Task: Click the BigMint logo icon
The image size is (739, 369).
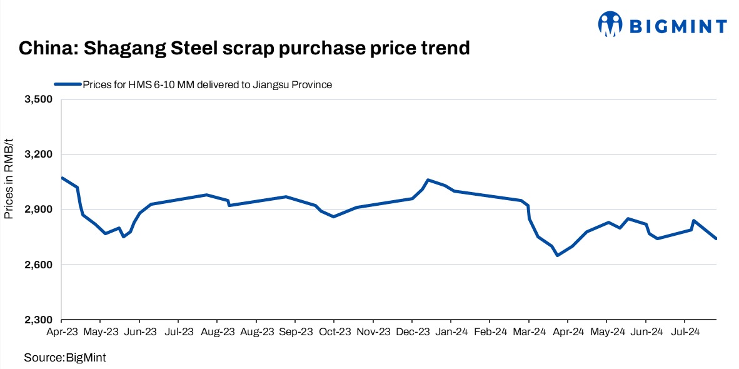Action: [611, 25]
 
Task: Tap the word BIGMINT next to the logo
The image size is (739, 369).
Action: [678, 26]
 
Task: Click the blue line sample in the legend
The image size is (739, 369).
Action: [67, 84]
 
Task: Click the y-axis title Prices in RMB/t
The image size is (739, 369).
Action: [9, 179]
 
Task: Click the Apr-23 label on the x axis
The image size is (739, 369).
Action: [62, 331]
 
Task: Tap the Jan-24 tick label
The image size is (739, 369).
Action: [451, 331]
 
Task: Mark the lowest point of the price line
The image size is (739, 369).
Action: [557, 255]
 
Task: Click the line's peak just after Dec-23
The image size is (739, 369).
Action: [428, 180]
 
